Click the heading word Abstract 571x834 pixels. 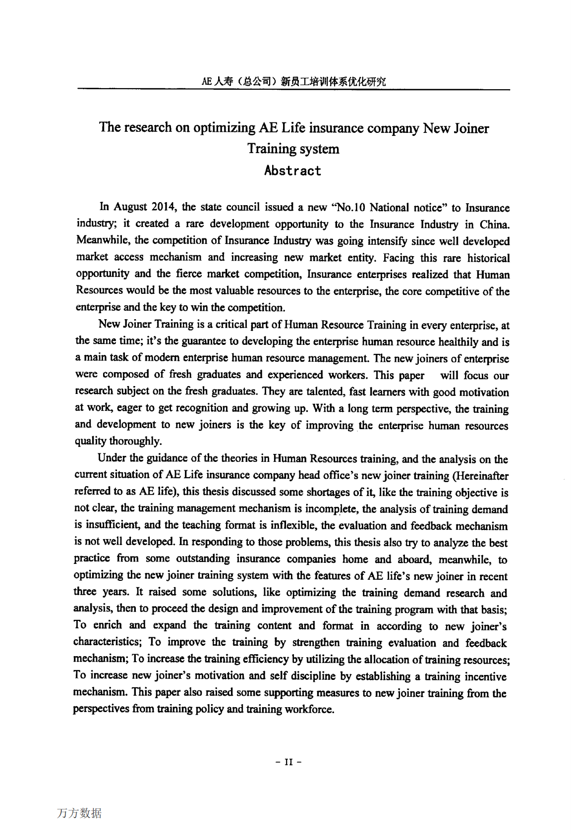pos(292,171)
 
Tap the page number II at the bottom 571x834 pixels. pos(288,762)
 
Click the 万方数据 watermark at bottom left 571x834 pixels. pos(79,813)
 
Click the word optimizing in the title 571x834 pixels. pos(224,128)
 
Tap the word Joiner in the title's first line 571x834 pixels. pos(469,128)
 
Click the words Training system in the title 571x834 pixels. pos(293,149)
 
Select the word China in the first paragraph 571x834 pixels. pos(494,224)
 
